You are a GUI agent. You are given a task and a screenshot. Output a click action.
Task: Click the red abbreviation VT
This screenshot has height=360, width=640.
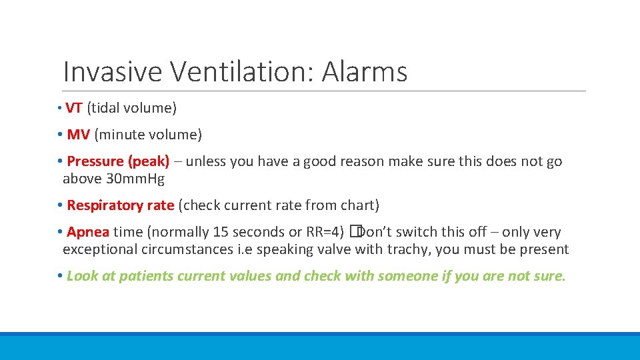click(73, 108)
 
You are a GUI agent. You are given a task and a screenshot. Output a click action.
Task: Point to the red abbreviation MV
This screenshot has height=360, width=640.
click(78, 135)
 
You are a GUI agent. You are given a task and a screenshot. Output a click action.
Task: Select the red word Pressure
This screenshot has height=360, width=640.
click(95, 161)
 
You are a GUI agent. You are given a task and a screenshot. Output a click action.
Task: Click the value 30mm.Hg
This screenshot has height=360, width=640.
click(135, 179)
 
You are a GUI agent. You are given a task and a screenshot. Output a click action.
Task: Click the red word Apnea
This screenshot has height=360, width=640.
click(88, 232)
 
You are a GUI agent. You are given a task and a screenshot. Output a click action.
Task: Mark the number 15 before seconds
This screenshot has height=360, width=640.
click(220, 232)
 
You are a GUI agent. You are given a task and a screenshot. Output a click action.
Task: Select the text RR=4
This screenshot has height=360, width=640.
click(325, 232)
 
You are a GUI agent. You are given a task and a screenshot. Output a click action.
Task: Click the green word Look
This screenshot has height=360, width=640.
click(83, 276)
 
